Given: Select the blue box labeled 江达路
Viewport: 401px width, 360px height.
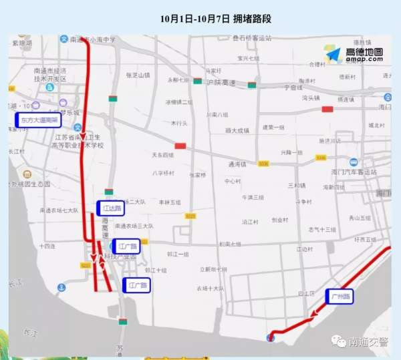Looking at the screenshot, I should (x=111, y=208).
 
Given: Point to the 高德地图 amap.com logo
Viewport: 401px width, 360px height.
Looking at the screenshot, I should (x=355, y=55).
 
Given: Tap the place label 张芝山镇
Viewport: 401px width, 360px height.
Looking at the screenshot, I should (x=138, y=75).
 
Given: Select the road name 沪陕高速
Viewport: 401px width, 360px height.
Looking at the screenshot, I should (x=221, y=82).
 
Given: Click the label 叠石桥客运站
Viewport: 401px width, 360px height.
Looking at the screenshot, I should (x=252, y=39).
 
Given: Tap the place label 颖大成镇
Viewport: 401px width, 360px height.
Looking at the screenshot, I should (x=237, y=130).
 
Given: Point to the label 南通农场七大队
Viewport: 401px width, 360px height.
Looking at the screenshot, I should (x=59, y=210).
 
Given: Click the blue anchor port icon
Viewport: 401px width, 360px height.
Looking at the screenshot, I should (x=61, y=288).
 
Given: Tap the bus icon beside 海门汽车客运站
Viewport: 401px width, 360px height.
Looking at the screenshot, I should (x=354, y=162).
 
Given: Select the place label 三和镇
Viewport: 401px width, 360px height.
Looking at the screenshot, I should (x=296, y=185).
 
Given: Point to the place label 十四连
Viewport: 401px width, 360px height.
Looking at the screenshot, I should (x=47, y=246).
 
